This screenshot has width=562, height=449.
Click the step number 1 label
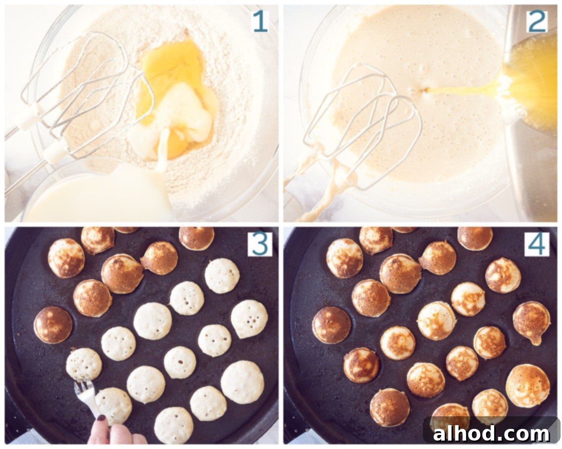260,22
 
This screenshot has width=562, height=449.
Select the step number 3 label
260,244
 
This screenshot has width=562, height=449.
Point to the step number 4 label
537,244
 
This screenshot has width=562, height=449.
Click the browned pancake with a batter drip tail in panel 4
532,322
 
